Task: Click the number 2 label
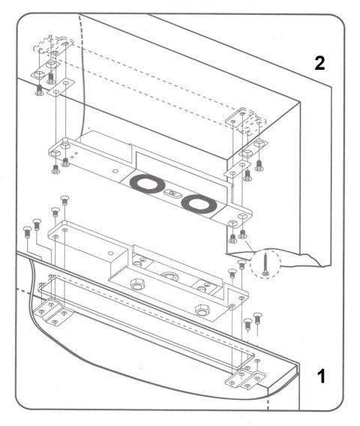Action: pyautogui.click(x=320, y=63)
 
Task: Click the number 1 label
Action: pyautogui.click(x=320, y=375)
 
